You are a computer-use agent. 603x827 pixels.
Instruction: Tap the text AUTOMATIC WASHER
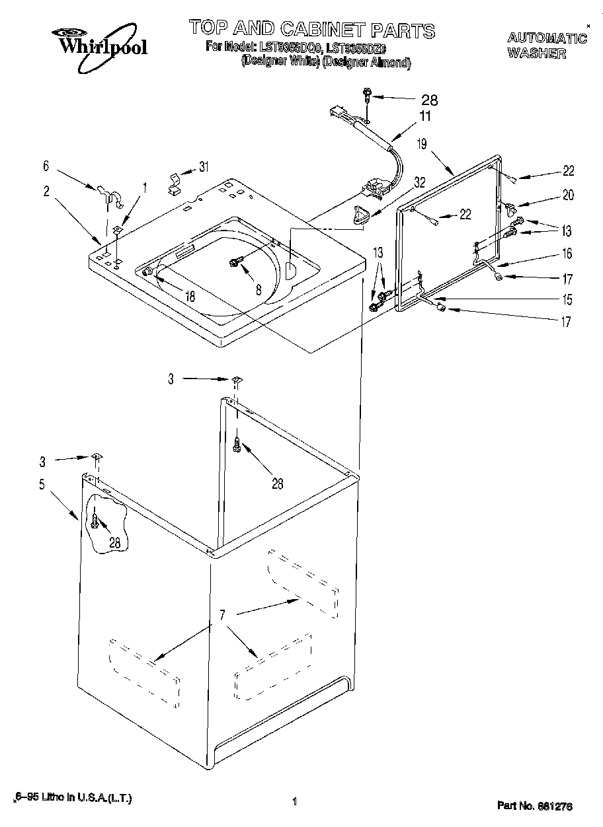[546, 46]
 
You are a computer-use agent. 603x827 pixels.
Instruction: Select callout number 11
[424, 116]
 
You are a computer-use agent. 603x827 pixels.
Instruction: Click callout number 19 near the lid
[422, 143]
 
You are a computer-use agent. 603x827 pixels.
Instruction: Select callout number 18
[190, 297]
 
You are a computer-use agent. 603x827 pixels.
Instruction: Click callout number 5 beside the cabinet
[42, 484]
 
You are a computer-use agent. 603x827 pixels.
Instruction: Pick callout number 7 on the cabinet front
[223, 616]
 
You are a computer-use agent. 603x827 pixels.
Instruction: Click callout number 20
[568, 195]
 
